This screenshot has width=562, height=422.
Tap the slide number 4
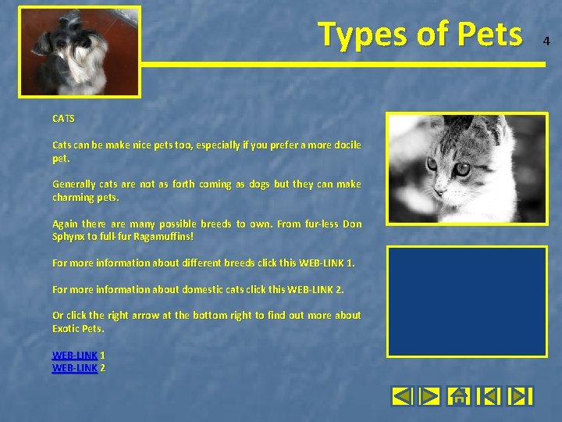546,41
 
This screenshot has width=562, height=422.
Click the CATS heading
63,119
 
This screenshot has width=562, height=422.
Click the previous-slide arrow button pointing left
402,396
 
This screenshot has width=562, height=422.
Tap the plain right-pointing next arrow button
430,396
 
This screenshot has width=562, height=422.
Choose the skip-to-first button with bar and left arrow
489,396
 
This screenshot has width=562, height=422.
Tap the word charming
73,198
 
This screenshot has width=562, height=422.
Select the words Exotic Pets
78,329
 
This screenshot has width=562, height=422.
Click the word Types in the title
361,35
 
